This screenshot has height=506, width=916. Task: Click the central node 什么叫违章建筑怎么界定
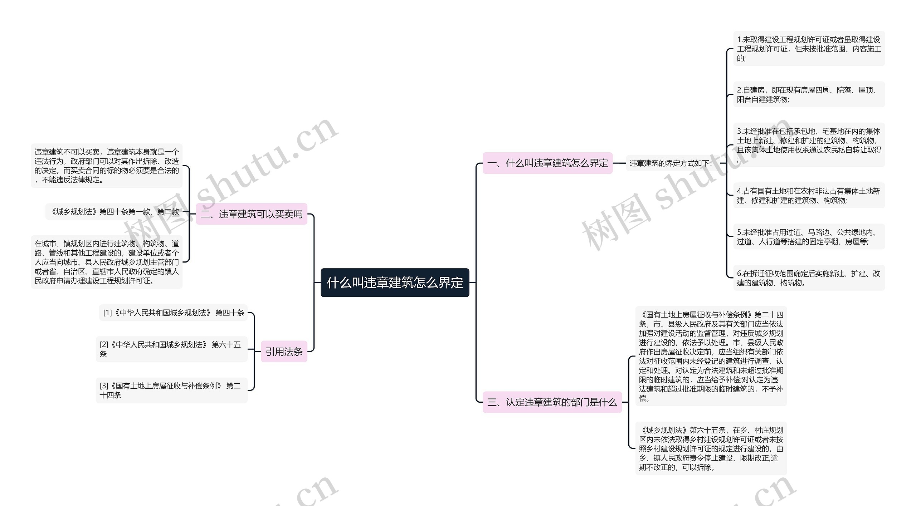[x=395, y=283]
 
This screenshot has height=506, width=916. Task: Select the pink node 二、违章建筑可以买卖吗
[x=252, y=214]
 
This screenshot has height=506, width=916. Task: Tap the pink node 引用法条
[x=284, y=352]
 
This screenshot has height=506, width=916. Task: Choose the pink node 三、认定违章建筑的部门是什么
[x=552, y=402]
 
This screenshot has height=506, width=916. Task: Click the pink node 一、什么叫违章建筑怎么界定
[x=547, y=163]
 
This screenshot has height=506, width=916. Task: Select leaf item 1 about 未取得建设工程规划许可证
[x=809, y=49]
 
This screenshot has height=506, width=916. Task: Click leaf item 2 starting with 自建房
[x=809, y=94]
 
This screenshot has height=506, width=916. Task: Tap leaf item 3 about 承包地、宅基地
[x=809, y=145]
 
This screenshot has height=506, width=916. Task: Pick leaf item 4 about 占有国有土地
[x=809, y=196]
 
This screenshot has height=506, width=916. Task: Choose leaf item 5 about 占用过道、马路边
[x=809, y=237]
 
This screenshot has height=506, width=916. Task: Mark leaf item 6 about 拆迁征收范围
[x=809, y=278]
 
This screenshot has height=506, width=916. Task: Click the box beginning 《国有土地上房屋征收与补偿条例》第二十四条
[x=711, y=356]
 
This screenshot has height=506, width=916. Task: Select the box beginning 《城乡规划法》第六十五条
[x=711, y=448]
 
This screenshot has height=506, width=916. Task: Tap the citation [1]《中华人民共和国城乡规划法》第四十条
[x=174, y=313]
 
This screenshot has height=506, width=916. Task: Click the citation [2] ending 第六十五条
[x=171, y=349]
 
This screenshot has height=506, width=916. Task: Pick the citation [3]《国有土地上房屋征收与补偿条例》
[x=171, y=390]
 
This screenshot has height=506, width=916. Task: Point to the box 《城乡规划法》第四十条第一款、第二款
[x=114, y=212]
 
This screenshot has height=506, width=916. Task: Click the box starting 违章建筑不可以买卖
[x=107, y=166]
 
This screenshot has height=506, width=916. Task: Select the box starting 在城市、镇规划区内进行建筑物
[x=107, y=262]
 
